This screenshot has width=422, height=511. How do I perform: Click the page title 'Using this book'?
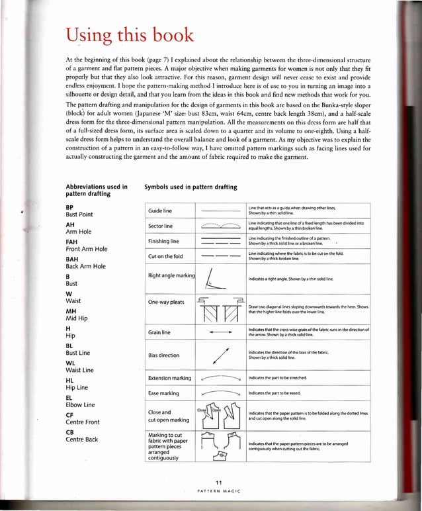click(130, 35)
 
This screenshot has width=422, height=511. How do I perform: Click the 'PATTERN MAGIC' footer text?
click(220, 491)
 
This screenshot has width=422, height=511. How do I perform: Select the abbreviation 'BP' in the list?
click(69, 207)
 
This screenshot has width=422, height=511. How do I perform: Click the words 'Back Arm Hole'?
click(85, 266)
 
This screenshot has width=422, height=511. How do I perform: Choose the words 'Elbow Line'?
click(80, 404)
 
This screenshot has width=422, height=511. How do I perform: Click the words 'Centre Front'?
click(83, 422)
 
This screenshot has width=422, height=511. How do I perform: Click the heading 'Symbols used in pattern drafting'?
click(190, 187)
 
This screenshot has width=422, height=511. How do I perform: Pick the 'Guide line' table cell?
click(160, 210)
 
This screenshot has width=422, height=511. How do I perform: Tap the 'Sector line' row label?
click(161, 226)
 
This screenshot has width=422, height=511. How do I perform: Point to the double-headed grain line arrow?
click(219, 331)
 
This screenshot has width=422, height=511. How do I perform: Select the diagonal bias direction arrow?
click(219, 355)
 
